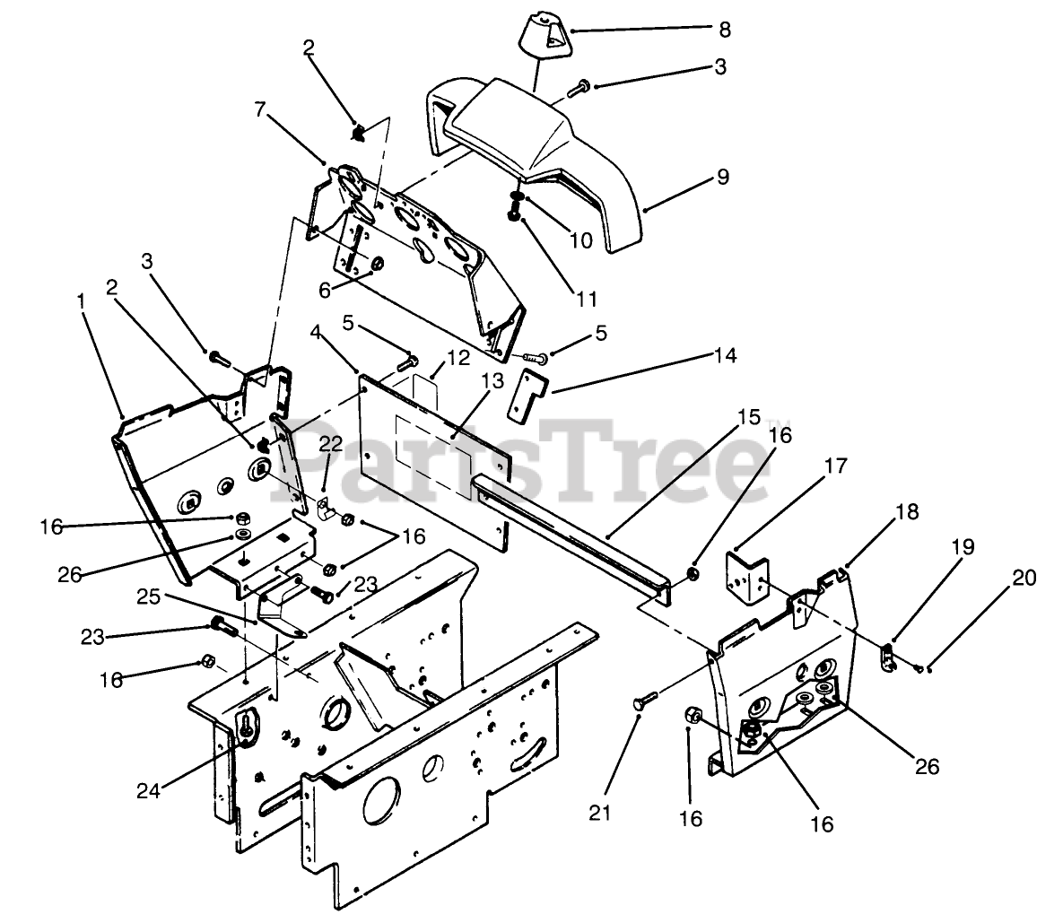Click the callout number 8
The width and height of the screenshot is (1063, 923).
tap(724, 30)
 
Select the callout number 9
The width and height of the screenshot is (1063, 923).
tap(723, 178)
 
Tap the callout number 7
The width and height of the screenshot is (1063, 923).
tap(260, 109)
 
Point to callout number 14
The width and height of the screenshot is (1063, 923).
tap(725, 356)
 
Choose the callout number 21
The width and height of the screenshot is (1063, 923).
tap(600, 813)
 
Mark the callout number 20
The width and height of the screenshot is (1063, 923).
tap(1024, 578)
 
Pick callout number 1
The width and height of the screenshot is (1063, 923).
tap(82, 302)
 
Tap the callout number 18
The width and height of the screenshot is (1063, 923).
tap(907, 512)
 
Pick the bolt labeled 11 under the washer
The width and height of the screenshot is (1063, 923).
tap(514, 215)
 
